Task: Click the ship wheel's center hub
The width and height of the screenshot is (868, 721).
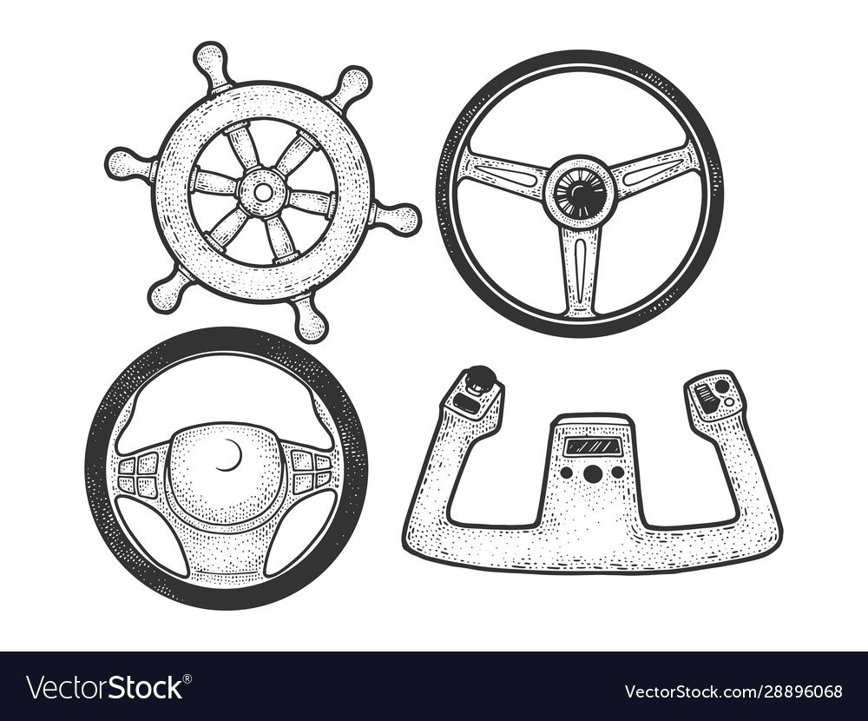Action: tap(264, 192)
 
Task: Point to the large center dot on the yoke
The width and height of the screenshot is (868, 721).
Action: tap(592, 473)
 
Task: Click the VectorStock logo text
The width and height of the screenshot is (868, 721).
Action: tap(106, 687)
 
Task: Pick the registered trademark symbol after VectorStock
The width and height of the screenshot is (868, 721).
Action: tap(187, 678)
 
